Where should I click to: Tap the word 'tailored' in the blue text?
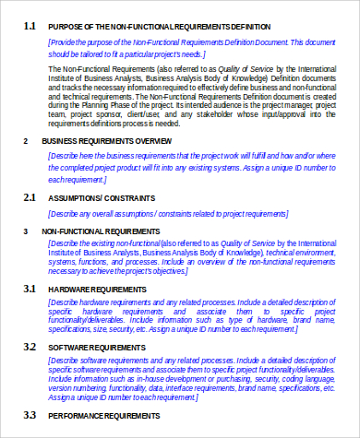tap(91, 54)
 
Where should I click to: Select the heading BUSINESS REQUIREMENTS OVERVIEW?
tap(107, 141)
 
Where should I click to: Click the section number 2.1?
tap(29, 197)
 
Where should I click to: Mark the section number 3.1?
tap(29, 290)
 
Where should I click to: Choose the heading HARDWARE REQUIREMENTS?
tap(98, 290)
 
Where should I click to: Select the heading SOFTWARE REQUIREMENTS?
tap(96, 347)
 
